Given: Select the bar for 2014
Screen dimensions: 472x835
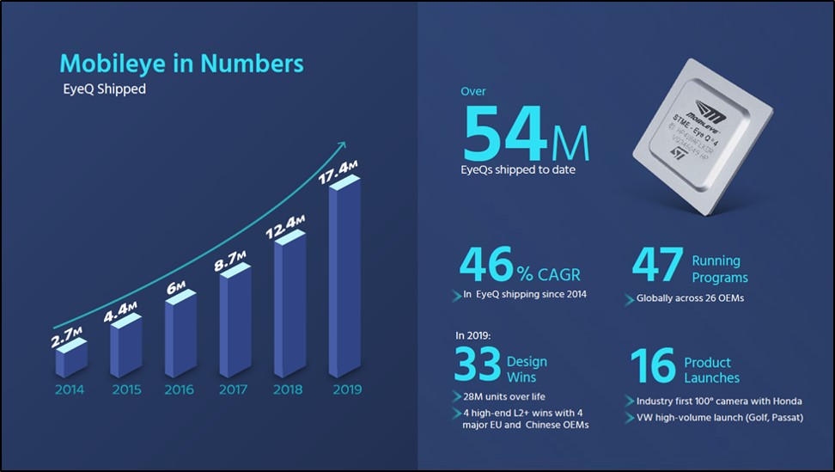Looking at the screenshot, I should [70, 359].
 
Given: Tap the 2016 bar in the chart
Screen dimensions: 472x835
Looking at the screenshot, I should [179, 336].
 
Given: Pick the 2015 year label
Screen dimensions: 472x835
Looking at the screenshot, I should [126, 389].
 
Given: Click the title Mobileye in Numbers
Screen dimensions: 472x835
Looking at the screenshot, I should [181, 63].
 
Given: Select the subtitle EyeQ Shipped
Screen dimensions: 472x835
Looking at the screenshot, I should [102, 89].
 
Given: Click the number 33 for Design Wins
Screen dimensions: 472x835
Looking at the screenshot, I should [478, 365].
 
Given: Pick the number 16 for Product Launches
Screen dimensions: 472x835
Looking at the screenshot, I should [653, 365].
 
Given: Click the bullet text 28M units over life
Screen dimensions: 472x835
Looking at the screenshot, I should [499, 397].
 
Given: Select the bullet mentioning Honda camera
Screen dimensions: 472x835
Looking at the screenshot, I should [719, 401].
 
